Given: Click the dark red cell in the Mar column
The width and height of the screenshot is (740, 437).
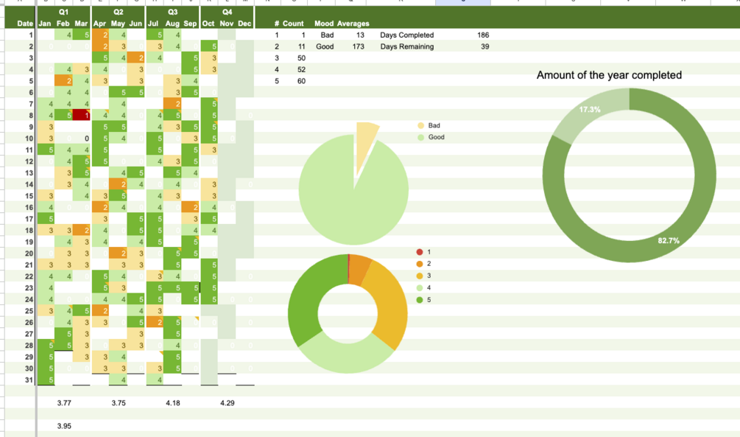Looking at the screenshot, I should tap(81, 115).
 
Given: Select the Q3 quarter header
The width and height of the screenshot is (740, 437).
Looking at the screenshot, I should tap(172, 13).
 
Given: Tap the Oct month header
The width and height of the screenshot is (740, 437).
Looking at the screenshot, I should tap(208, 24).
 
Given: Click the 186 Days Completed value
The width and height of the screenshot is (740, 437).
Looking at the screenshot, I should tap(482, 35).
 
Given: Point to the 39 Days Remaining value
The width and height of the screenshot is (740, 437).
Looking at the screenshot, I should tap(484, 46).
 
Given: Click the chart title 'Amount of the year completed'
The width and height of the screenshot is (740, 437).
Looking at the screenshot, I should tap(609, 75).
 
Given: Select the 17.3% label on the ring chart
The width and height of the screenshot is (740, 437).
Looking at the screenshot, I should tap(589, 110).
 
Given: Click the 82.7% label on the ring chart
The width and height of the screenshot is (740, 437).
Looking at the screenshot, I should tap(668, 241).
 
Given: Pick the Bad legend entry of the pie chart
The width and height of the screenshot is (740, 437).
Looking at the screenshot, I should tap(434, 126).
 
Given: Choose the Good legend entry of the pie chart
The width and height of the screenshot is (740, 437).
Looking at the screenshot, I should tap(436, 137).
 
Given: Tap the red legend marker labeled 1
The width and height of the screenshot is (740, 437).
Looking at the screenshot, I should tap(420, 252).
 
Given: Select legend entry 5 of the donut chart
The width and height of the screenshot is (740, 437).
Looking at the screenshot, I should tap(428, 300).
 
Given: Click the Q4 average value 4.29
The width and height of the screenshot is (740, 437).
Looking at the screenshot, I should tap(227, 403).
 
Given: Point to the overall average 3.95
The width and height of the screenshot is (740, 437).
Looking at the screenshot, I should tap(64, 426).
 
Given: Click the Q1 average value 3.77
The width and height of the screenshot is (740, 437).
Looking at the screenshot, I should tap(64, 403).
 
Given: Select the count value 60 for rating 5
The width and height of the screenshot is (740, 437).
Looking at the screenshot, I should tap(301, 81).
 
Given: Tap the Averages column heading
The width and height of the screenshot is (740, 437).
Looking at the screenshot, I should tap(353, 24).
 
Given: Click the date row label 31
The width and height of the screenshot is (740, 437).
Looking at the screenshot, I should tap(29, 380).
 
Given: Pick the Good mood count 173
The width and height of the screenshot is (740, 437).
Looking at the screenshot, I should tap(359, 46).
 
